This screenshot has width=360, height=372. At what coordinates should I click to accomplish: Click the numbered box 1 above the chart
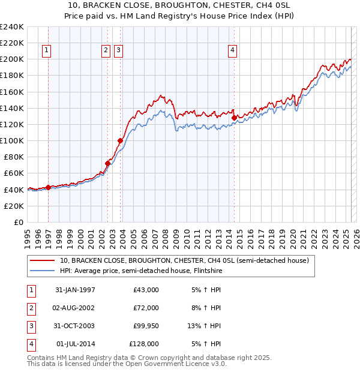(x=46, y=51)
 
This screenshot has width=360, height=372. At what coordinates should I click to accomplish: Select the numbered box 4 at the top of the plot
(x=232, y=51)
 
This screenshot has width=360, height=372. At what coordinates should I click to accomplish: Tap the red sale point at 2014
(x=234, y=118)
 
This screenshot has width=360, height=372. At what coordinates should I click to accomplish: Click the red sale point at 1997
(x=48, y=187)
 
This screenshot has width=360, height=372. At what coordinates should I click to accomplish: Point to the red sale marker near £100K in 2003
(x=121, y=140)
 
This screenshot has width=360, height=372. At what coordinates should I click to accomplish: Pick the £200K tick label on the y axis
(x=11, y=59)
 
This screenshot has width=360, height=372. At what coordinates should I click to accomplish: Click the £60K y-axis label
(x=13, y=173)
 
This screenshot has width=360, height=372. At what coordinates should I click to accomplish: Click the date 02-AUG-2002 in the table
(x=75, y=308)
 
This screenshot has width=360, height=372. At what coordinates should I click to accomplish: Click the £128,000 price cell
(x=144, y=344)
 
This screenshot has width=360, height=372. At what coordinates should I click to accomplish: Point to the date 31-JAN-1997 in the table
(x=75, y=290)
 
